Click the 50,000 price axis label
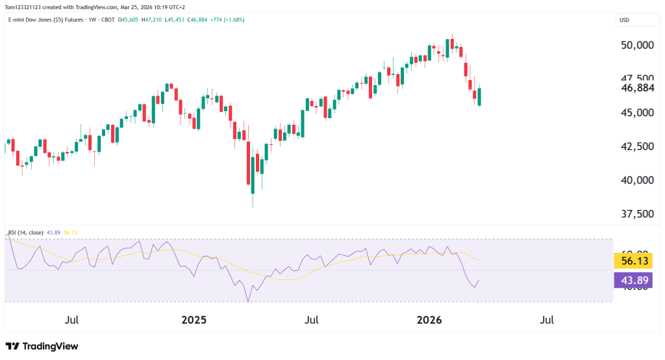click(x=636, y=45)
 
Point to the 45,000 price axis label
click(x=636, y=113)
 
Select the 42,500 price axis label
click(x=636, y=146)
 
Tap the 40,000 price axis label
click(x=636, y=180)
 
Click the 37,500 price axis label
click(x=636, y=214)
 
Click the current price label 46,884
click(x=636, y=88)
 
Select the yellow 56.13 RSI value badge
click(x=633, y=261)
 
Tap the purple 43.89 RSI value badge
click(x=633, y=280)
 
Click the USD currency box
click(x=625, y=20)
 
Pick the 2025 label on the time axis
click(x=194, y=320)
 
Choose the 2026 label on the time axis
click(x=429, y=320)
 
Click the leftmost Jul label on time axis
click(x=72, y=320)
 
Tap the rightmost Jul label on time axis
click(x=547, y=320)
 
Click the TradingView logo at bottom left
click(x=42, y=346)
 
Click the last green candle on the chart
click(x=479, y=97)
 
